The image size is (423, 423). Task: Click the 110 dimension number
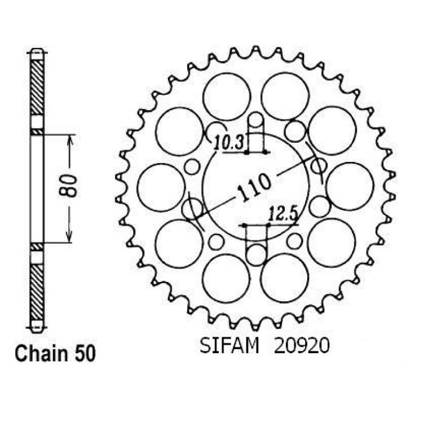(254, 187)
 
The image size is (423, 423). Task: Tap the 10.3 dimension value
(228, 143)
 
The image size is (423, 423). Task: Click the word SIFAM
(229, 345)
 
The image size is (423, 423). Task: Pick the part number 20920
(302, 346)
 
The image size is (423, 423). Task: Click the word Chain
(41, 354)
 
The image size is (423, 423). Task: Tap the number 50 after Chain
(85, 354)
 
